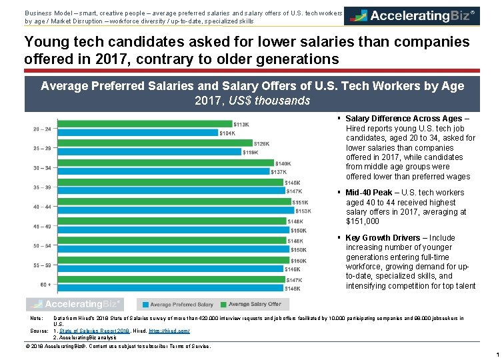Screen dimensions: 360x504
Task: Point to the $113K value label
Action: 241,125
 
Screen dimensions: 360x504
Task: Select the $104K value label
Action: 227,133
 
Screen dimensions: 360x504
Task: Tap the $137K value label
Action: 279,172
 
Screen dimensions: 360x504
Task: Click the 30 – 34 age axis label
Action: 41,167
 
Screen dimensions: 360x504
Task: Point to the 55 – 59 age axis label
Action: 41,265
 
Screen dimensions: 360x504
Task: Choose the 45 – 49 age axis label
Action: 41,226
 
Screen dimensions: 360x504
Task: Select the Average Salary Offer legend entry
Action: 254,304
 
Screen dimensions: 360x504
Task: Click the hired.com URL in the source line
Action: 173,331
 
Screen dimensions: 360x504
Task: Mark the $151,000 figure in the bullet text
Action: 363,221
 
